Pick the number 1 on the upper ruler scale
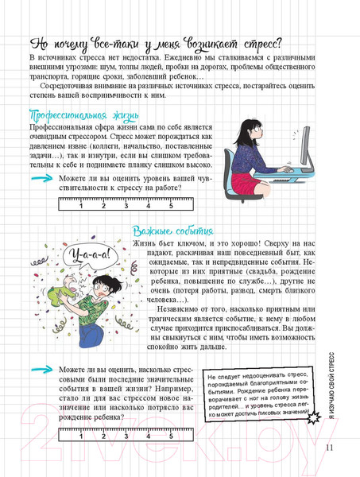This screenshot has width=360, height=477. click(81, 205)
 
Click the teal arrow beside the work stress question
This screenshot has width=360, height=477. click(39, 180)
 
